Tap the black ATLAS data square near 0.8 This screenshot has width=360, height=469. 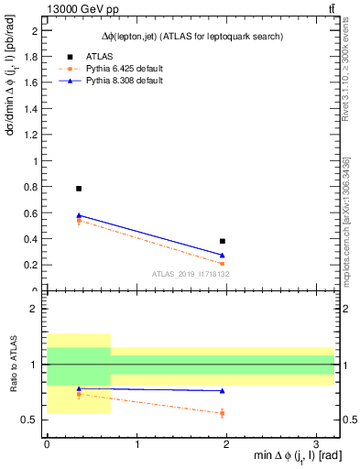pyautogui.click(x=79, y=188)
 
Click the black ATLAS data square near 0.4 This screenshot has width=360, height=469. pyautogui.click(x=223, y=241)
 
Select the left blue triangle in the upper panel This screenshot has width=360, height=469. pyautogui.click(x=79, y=215)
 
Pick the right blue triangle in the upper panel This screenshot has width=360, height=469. pyautogui.click(x=223, y=255)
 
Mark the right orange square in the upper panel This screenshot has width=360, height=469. pyautogui.click(x=223, y=264)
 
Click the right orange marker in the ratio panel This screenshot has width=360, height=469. pyautogui.click(x=223, y=413)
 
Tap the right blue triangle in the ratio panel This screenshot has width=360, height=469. pyautogui.click(x=223, y=391)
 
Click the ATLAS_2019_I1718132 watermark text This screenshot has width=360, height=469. pyautogui.click(x=190, y=274)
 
